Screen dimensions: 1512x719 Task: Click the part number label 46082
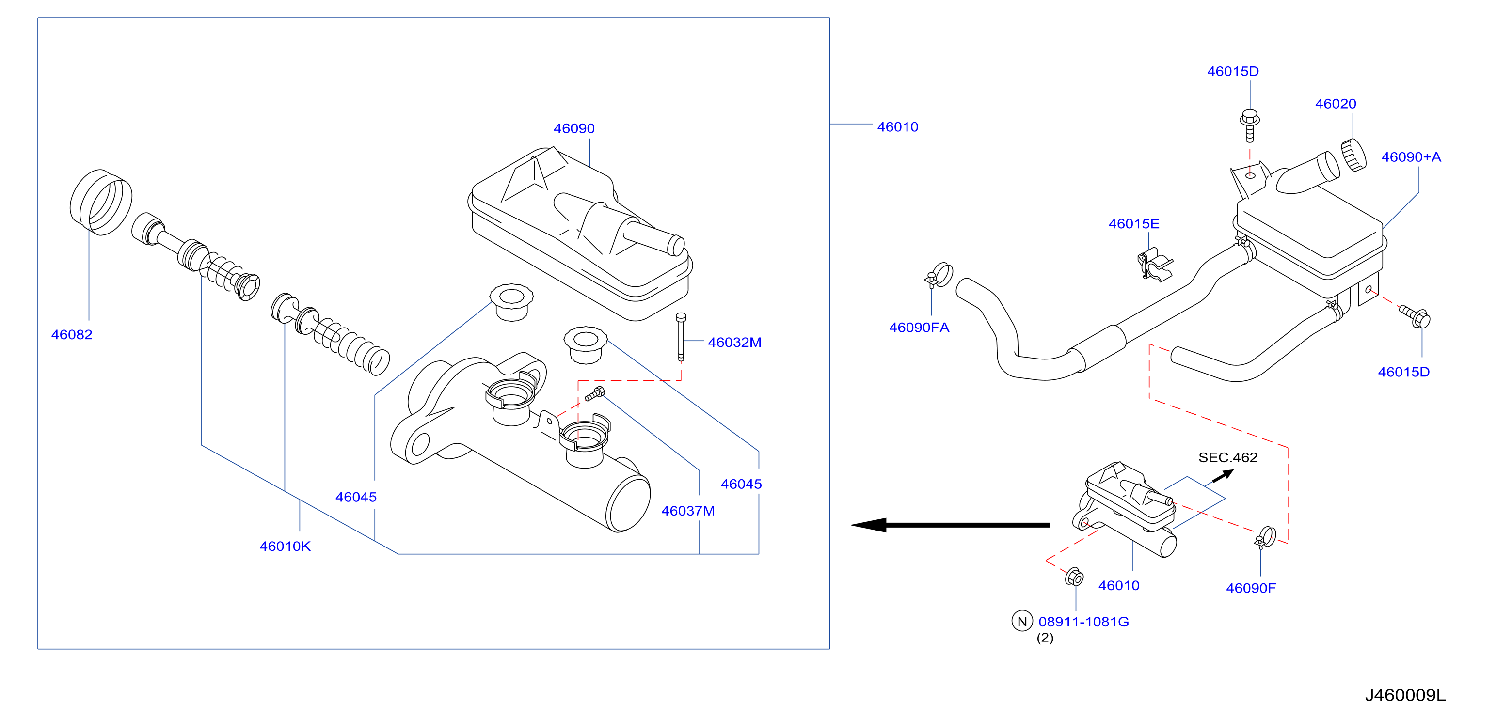(x=72, y=335)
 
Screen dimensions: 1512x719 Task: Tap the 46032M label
(x=734, y=343)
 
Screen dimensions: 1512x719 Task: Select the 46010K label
(x=285, y=547)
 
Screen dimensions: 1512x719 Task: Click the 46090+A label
(x=1411, y=157)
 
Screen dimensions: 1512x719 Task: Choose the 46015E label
(x=1134, y=224)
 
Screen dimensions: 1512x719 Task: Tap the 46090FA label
(x=919, y=328)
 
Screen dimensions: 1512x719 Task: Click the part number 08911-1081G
(x=1083, y=622)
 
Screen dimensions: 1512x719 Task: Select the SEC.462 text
(x=1228, y=457)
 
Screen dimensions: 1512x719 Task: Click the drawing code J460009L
(x=1405, y=696)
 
